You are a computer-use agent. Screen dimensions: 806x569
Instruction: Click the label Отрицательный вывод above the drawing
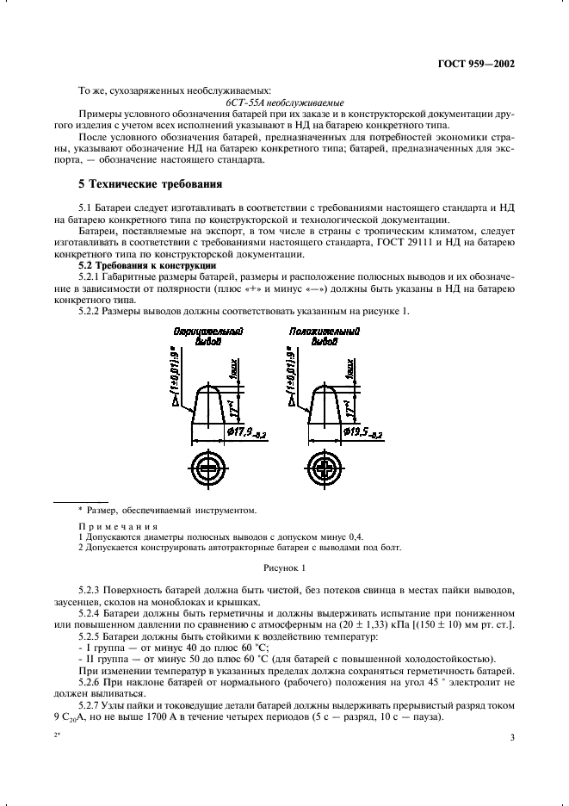(207, 336)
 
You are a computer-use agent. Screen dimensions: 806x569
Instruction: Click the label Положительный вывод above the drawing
(313, 336)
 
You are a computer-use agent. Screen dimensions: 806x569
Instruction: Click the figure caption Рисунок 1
(284, 568)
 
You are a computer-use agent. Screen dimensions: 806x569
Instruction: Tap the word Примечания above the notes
(118, 526)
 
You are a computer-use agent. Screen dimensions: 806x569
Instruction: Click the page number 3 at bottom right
(511, 736)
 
